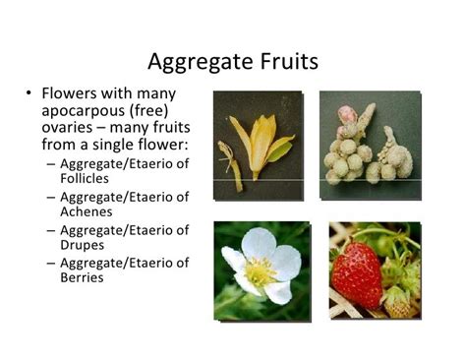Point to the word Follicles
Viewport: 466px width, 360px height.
90,179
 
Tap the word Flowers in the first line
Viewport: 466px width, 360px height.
69,93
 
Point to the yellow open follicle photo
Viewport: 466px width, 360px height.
258,145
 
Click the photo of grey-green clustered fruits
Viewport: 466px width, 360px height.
370,145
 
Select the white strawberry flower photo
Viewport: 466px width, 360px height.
259,270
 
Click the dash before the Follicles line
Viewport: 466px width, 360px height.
50,163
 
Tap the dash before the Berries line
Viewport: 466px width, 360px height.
50,263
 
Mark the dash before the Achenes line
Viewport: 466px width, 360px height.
50,197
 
